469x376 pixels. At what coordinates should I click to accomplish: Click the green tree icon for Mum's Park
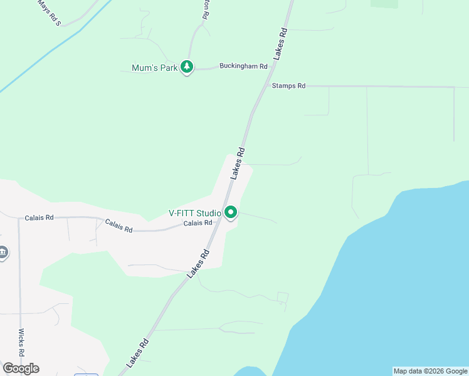(186, 66)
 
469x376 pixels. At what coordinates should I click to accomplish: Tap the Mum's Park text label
(155, 68)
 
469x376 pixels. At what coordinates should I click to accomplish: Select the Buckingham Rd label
(243, 66)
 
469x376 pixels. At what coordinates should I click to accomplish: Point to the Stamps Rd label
(288, 85)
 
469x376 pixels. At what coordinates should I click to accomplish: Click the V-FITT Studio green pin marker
(231, 213)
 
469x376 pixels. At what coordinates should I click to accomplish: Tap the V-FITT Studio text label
(194, 212)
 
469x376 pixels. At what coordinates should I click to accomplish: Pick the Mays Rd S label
(50, 13)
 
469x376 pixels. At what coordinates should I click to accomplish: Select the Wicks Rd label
(21, 342)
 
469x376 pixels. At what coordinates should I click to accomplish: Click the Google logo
(21, 368)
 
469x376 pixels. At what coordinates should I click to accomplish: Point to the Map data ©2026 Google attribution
(431, 371)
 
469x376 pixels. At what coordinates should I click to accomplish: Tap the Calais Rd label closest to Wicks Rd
(39, 217)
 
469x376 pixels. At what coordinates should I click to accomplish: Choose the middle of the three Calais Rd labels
(119, 226)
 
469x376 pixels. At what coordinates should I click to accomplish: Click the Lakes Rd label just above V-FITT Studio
(238, 163)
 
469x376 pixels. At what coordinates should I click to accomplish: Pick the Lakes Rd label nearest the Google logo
(137, 353)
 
